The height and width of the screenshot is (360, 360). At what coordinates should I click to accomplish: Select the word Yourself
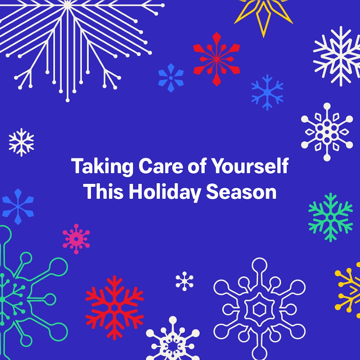point(249,166)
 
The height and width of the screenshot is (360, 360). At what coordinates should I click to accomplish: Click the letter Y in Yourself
point(217,166)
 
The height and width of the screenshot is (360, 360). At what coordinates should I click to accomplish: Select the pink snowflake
point(76,239)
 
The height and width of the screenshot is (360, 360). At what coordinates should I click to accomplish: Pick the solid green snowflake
point(330,217)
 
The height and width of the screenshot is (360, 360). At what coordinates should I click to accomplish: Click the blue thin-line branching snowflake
point(267,92)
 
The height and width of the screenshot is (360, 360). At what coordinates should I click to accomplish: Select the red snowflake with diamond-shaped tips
point(216,59)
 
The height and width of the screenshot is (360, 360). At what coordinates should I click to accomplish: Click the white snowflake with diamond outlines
point(327,132)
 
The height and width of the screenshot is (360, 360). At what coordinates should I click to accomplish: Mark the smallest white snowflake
point(184,281)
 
